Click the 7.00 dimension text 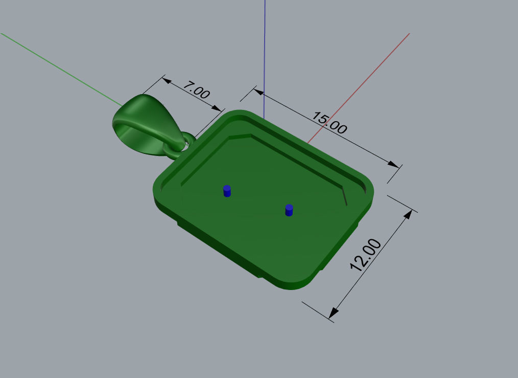coord(196,92)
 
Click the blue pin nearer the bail coord(227,191)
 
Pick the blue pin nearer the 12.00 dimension coord(289,210)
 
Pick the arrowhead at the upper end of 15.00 coord(259,93)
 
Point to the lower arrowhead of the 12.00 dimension coord(334,312)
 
